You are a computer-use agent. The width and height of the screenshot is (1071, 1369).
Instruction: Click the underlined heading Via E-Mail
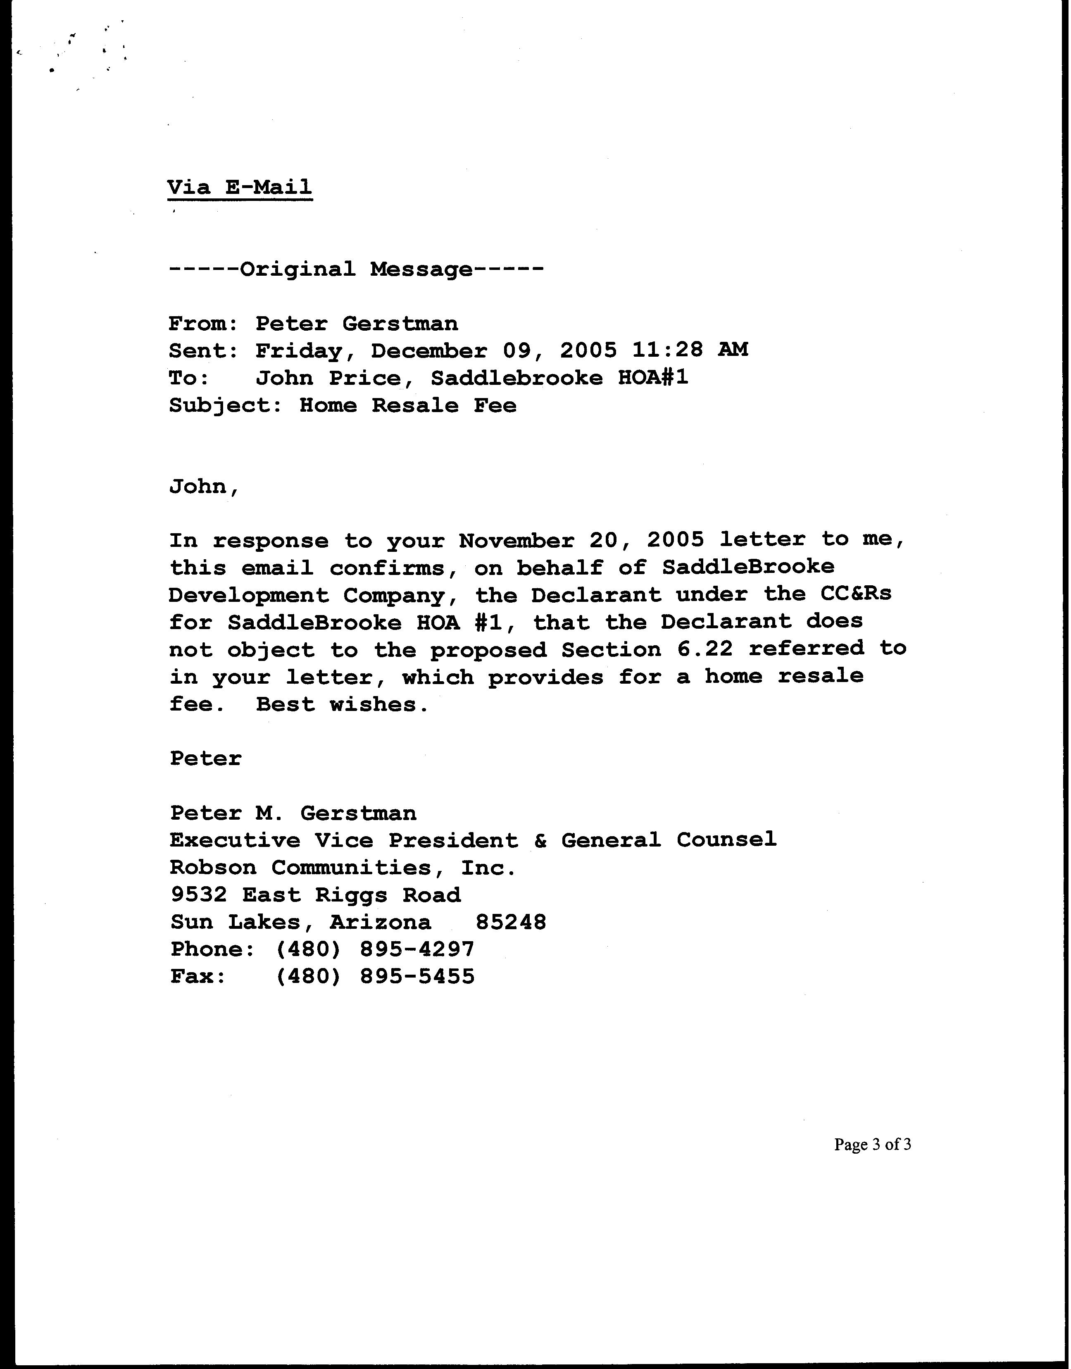pyautogui.click(x=240, y=187)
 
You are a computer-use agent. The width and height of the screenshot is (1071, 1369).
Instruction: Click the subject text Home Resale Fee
pyautogui.click(x=407, y=405)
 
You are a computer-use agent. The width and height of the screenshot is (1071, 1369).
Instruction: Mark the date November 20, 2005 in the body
pyautogui.click(x=581, y=540)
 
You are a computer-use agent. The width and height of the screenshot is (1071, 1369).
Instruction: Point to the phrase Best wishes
pyautogui.click(x=343, y=704)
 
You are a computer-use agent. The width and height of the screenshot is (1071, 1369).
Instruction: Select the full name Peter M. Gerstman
pyautogui.click(x=293, y=813)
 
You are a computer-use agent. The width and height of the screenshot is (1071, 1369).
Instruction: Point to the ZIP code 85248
pyautogui.click(x=511, y=922)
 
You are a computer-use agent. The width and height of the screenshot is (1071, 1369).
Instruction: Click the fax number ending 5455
pyautogui.click(x=375, y=976)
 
